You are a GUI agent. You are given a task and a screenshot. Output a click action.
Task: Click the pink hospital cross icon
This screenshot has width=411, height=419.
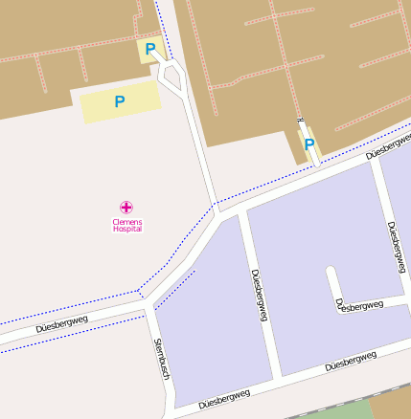[x=126, y=207]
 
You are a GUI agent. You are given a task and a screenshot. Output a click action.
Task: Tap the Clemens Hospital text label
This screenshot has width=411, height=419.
[x=126, y=225]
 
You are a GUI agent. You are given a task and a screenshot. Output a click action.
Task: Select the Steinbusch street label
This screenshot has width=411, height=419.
[x=161, y=359]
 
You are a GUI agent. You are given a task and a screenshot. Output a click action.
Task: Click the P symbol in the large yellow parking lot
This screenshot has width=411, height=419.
[x=120, y=100]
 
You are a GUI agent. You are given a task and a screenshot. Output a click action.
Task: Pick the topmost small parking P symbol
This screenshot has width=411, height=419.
[x=149, y=49]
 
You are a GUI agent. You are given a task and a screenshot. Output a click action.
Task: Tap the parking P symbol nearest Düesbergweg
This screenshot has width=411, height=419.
[x=309, y=144]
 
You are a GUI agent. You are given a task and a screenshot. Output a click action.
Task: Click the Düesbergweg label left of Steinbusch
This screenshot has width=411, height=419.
[x=61, y=324]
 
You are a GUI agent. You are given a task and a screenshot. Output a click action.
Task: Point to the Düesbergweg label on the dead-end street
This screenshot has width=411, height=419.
[x=359, y=305]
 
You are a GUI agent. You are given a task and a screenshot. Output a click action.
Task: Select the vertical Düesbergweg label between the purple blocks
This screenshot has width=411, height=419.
[x=258, y=294]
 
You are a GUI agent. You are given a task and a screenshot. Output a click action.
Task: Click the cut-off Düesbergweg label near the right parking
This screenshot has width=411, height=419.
[x=388, y=145]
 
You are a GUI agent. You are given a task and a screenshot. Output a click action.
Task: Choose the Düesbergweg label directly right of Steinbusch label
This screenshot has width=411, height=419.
[x=224, y=397]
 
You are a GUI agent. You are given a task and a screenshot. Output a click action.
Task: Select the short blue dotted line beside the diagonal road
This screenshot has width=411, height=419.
[x=175, y=283]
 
